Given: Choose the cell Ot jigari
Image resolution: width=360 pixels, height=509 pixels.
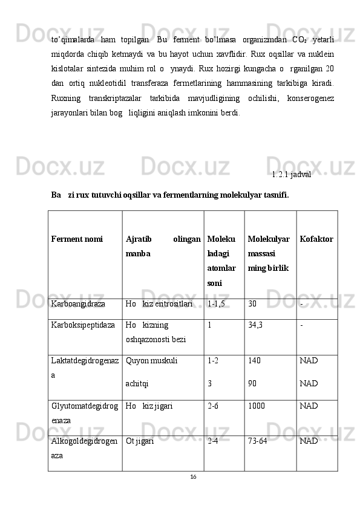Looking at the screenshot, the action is click(x=140, y=441).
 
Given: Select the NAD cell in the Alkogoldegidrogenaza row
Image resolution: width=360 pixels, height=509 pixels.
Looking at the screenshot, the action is click(x=309, y=441).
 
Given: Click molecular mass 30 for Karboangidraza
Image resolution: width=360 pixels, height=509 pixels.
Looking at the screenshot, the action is click(x=252, y=304).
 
